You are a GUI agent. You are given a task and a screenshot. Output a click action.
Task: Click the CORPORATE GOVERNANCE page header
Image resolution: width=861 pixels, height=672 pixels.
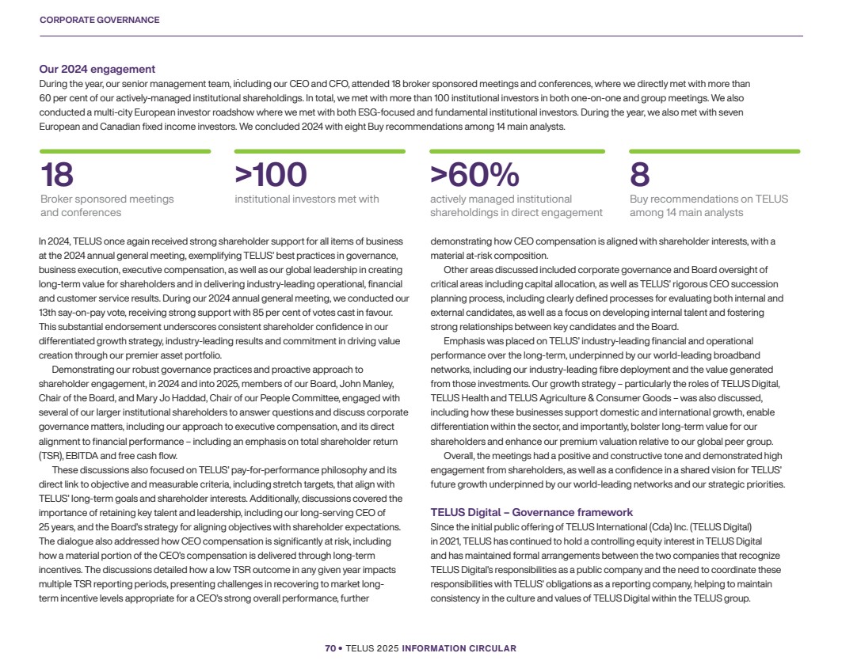[99, 20]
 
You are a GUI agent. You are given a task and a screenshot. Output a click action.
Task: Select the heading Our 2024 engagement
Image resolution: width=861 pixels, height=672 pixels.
[97, 70]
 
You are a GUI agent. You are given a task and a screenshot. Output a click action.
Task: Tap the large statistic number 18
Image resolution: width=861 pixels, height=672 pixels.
[57, 175]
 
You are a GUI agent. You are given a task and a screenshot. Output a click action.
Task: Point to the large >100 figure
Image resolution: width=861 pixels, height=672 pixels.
[270, 175]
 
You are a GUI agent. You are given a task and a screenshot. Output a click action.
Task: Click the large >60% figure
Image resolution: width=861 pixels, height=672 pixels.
[474, 175]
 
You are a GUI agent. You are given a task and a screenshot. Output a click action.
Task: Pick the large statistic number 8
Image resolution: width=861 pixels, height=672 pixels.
[639, 175]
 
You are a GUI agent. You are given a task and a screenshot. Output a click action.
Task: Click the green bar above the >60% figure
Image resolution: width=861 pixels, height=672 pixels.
[516, 151]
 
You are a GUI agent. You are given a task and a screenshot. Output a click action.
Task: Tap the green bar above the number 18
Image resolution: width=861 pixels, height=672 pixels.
[125, 151]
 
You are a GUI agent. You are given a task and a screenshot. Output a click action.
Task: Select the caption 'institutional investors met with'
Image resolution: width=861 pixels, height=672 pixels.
[307, 199]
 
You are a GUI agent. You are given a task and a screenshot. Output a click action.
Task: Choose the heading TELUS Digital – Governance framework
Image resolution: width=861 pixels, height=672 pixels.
[531, 513]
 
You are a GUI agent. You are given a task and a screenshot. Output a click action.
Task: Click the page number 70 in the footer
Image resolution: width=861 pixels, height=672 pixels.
[330, 648]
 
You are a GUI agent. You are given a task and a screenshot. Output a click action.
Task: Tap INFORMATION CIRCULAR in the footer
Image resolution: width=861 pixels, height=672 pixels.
[459, 648]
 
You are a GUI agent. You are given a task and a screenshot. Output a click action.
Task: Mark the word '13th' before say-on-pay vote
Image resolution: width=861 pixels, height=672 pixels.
[48, 313]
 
